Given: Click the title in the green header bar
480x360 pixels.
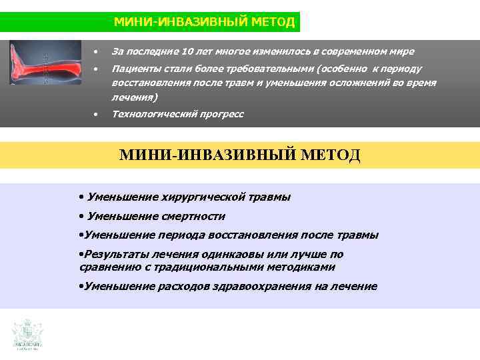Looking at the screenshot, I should (204, 22).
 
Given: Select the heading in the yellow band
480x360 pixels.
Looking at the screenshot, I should (240, 156).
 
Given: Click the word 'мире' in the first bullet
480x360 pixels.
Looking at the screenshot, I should (401, 52).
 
